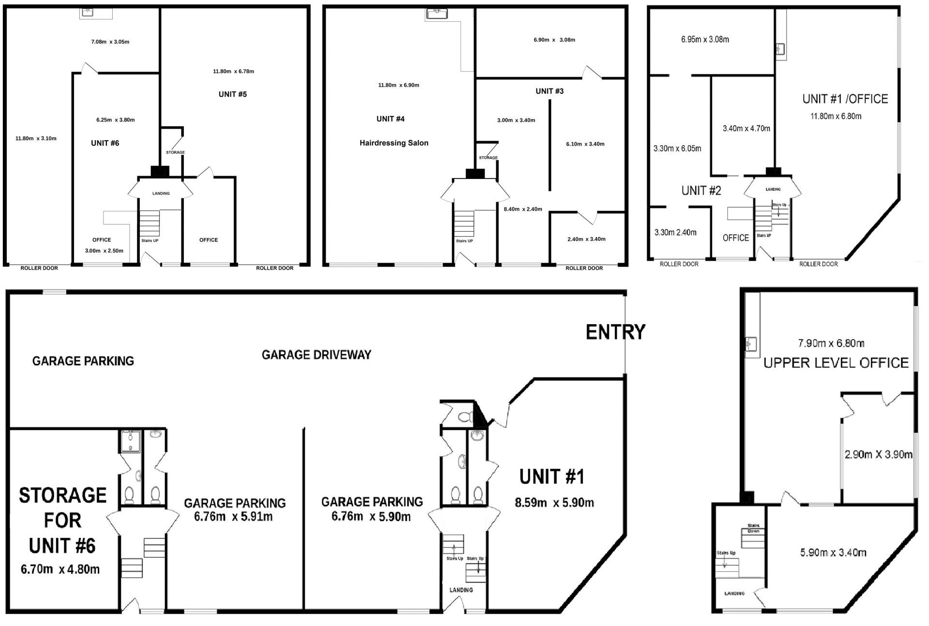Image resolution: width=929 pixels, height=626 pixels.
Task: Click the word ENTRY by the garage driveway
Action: [x=615, y=332]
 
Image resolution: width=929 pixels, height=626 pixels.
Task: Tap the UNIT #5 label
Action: [x=233, y=94]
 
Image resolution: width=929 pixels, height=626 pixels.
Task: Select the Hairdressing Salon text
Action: [x=394, y=143]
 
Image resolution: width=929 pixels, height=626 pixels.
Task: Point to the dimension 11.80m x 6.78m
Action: [x=233, y=72]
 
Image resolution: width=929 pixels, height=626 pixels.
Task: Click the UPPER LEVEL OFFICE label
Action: [x=836, y=363]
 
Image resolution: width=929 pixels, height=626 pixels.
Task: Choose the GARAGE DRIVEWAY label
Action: [x=316, y=355]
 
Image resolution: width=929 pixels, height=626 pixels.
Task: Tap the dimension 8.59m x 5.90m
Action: [x=554, y=503]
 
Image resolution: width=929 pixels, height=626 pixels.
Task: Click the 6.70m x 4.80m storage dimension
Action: [x=60, y=569]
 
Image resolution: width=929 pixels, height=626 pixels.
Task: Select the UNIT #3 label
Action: [x=550, y=91]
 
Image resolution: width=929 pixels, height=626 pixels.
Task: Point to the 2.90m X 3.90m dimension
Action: [x=879, y=455]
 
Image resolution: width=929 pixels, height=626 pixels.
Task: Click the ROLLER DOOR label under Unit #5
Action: [x=275, y=268]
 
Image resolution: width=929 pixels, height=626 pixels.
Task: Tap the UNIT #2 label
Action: [x=701, y=191]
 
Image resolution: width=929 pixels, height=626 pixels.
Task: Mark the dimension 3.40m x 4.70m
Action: [x=747, y=128]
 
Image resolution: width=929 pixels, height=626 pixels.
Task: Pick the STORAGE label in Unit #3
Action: [x=488, y=158]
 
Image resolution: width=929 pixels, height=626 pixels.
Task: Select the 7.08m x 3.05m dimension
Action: [x=110, y=42]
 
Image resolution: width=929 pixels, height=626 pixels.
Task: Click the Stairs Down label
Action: [x=753, y=528]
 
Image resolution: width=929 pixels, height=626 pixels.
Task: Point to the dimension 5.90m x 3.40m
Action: [x=833, y=552]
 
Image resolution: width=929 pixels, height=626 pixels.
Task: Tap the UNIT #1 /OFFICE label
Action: [x=845, y=99]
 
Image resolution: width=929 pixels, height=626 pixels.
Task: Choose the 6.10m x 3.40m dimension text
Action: [x=585, y=144]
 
